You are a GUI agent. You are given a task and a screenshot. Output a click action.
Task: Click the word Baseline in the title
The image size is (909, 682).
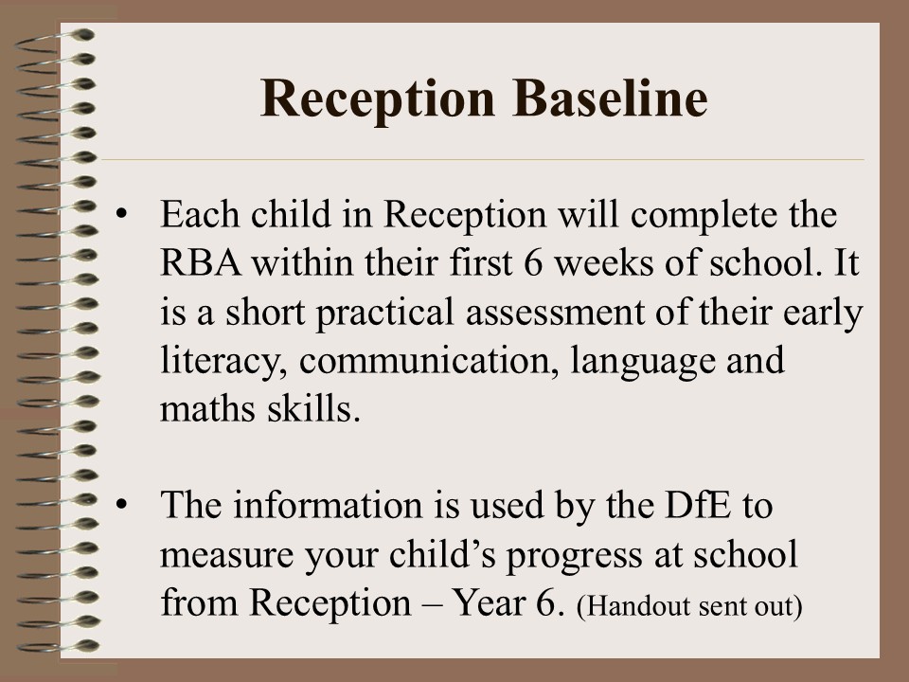pyautogui.click(x=610, y=98)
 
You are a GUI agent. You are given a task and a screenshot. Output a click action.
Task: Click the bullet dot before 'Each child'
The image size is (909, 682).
pyautogui.click(x=121, y=213)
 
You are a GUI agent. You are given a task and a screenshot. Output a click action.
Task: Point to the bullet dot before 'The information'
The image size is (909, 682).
pyautogui.click(x=121, y=505)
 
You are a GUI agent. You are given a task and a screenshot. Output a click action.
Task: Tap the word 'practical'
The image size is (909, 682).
pyautogui.click(x=385, y=314)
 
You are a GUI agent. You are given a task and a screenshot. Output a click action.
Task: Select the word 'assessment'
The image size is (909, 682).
pyautogui.click(x=556, y=313)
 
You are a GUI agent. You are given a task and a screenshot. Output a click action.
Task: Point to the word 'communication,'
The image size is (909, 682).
pyautogui.click(x=429, y=361)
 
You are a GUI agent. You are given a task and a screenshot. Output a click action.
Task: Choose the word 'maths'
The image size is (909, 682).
pyautogui.click(x=207, y=409)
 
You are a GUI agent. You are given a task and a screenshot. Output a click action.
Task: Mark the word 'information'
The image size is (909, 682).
pyautogui.click(x=329, y=505)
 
